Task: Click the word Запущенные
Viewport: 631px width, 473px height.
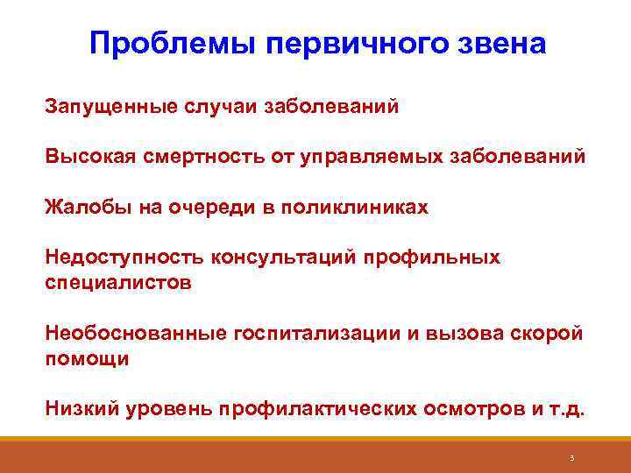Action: pyautogui.click(x=109, y=107)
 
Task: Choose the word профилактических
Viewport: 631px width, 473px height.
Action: pyautogui.click(x=320, y=409)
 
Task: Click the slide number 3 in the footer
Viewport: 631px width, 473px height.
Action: pyautogui.click(x=571, y=457)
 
